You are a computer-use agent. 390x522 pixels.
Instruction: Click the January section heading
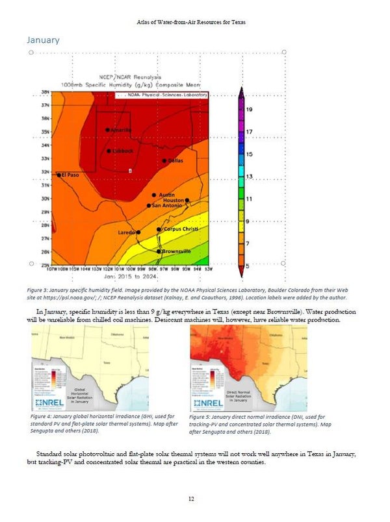(43, 40)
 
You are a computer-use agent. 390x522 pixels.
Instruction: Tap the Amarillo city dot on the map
(107, 130)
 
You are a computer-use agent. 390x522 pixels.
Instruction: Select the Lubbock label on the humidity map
(122, 151)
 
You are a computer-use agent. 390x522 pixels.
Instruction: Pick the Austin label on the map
(166, 195)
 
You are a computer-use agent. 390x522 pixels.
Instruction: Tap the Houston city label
(174, 201)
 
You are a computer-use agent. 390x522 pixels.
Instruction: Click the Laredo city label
(126, 232)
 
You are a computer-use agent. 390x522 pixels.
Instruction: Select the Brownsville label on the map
(176, 251)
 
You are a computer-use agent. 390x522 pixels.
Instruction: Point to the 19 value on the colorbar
(250, 110)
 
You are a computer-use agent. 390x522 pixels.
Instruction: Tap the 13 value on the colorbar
(250, 177)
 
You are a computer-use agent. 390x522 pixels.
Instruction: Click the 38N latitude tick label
(46, 92)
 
